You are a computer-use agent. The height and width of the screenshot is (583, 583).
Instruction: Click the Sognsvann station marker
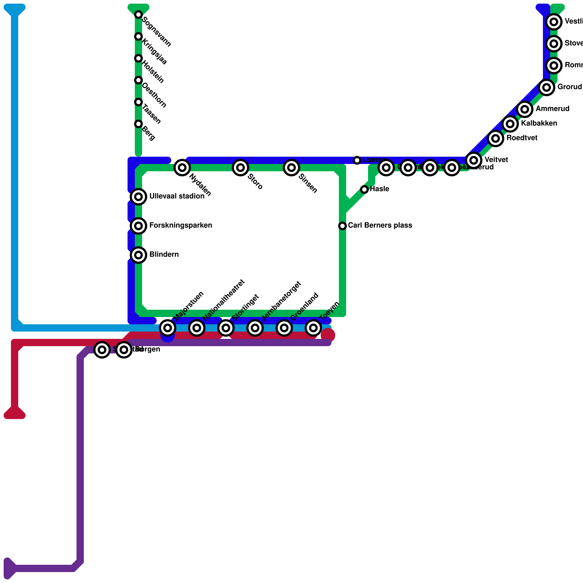138,15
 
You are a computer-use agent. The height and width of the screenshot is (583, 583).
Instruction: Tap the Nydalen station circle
182,168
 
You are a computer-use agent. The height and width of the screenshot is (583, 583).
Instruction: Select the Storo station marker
240,168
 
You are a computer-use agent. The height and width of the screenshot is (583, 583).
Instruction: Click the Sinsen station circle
291,168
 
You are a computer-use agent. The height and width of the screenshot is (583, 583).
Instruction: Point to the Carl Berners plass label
380,226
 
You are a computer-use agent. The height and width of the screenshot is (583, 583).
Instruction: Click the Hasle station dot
364,189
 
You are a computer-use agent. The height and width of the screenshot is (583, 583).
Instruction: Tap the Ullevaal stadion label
177,196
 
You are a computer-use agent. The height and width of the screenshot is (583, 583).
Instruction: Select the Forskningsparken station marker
138,226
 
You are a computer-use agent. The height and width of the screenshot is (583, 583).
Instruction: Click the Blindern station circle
138,255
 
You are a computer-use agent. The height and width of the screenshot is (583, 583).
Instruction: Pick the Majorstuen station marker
168,328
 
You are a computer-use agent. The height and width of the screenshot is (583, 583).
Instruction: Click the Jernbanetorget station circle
255,328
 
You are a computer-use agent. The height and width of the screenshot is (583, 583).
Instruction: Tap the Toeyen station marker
313,328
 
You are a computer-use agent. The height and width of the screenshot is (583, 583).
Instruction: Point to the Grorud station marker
547,87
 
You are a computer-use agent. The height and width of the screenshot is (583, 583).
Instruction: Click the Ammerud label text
552,109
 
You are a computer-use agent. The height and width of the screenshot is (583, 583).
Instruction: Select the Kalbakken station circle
510,124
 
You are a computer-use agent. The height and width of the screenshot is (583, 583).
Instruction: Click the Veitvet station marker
474,160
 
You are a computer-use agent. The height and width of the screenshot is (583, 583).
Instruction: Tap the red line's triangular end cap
15,414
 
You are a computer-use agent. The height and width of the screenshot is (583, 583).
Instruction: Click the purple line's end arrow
9,568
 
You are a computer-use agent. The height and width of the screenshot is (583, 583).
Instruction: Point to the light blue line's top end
15,9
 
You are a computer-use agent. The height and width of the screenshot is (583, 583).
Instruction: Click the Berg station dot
138,124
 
